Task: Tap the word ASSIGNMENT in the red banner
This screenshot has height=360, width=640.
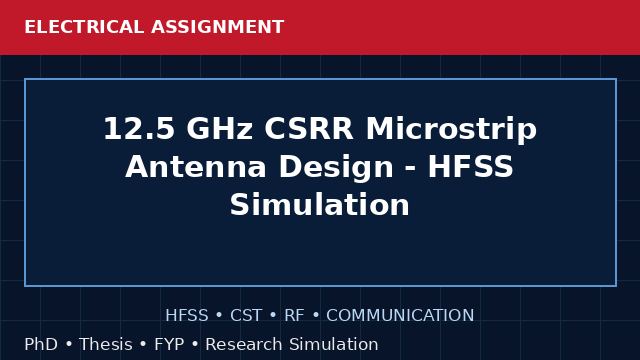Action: (218, 27)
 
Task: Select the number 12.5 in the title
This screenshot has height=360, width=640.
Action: (140, 129)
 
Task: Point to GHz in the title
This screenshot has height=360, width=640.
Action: (220, 129)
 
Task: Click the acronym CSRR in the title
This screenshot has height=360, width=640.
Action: (309, 129)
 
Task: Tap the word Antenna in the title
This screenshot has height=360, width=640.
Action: (196, 167)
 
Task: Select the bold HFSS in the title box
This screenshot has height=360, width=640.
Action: (470, 167)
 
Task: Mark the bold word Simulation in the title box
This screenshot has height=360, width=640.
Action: (320, 204)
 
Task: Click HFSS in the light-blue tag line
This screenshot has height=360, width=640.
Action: (187, 315)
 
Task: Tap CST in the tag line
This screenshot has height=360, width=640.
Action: (246, 315)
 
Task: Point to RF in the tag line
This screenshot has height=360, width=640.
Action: (294, 315)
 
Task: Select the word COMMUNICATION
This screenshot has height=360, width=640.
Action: (400, 315)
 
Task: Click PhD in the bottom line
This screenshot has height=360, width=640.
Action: (41, 344)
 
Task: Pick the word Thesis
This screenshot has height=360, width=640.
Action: (106, 344)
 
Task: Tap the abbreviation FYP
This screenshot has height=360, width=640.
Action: (169, 344)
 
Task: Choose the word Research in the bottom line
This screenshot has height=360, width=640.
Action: (244, 344)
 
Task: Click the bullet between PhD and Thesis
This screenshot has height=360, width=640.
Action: (69, 344)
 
